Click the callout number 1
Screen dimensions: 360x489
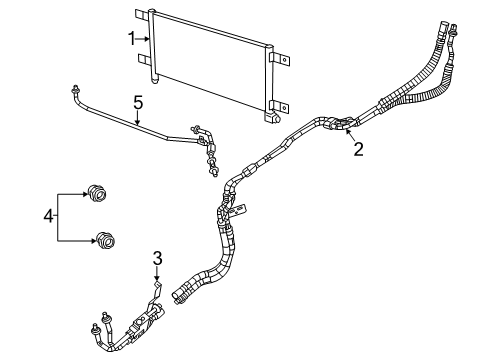click(131, 38)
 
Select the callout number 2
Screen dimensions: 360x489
click(357, 151)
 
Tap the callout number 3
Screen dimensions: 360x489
click(157, 261)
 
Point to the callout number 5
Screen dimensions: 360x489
click(139, 100)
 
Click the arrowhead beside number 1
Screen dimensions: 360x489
click(149, 38)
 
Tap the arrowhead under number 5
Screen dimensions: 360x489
click(139, 122)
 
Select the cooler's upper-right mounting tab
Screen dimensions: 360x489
click(280, 55)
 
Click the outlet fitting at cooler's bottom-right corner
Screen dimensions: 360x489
click(270, 118)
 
